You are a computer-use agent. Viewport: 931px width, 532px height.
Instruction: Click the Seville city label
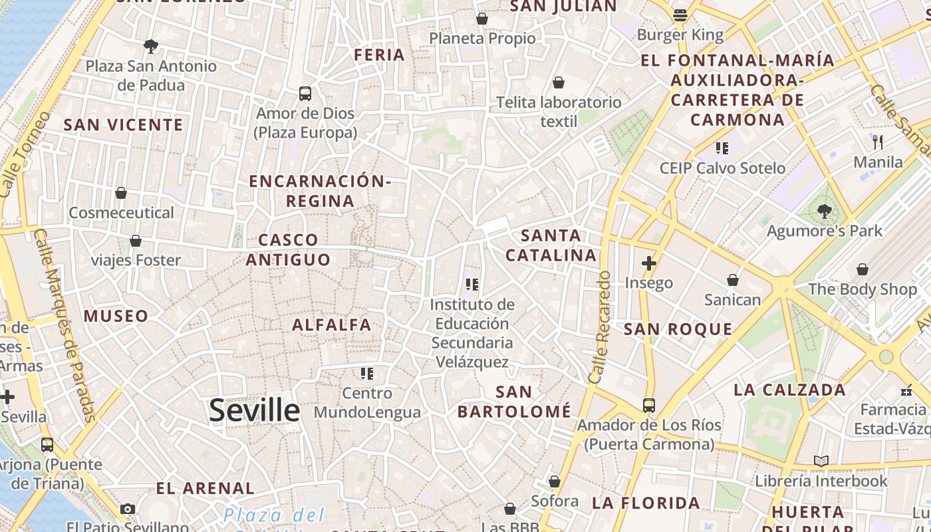pyautogui.click(x=254, y=410)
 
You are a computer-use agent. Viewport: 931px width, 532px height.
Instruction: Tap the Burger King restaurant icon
pyautogui.click(x=680, y=15)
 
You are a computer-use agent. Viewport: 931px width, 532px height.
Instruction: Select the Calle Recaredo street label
pyautogui.click(x=598, y=327)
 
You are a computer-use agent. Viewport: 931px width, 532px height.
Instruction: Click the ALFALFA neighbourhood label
pyautogui.click(x=332, y=325)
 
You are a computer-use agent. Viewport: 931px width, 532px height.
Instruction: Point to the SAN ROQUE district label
pyautogui.click(x=678, y=329)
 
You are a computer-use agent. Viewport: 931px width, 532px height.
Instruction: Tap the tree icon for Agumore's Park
pyautogui.click(x=824, y=211)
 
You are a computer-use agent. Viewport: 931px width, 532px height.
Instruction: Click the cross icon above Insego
pyautogui.click(x=648, y=263)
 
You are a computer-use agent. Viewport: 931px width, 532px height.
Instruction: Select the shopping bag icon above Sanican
pyautogui.click(x=732, y=280)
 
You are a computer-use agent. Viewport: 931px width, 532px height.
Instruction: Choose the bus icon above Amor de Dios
pyautogui.click(x=305, y=94)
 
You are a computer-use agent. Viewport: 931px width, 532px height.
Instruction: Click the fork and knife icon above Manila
pyautogui.click(x=878, y=142)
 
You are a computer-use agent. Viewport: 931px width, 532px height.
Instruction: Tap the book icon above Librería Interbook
pyautogui.click(x=821, y=461)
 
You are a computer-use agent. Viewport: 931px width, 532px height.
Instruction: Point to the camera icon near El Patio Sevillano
pyautogui.click(x=128, y=509)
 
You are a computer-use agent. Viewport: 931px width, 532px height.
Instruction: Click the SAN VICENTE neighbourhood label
pyautogui.click(x=123, y=125)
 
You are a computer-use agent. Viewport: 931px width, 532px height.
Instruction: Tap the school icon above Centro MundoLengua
pyautogui.click(x=367, y=374)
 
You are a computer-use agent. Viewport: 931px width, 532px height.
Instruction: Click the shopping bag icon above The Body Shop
pyautogui.click(x=862, y=269)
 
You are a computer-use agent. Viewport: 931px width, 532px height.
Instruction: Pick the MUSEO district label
pyautogui.click(x=116, y=316)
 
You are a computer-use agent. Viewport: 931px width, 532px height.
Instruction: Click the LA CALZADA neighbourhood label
pyautogui.click(x=789, y=390)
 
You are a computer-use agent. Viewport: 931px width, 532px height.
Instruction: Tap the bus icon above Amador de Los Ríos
pyautogui.click(x=648, y=405)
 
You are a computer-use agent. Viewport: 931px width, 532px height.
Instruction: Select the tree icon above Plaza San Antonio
pyautogui.click(x=151, y=47)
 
